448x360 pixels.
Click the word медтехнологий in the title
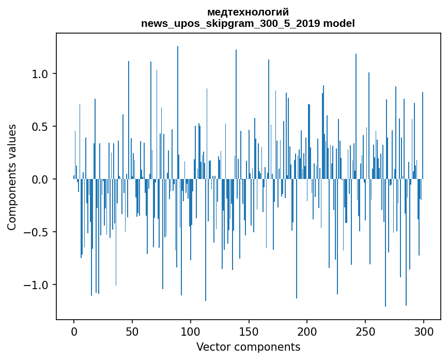click(248, 12)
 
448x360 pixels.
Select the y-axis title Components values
click(12, 177)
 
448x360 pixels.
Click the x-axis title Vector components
click(248, 347)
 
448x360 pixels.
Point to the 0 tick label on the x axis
click(74, 331)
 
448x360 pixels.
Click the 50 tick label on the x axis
click(132, 331)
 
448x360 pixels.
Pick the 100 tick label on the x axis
click(191, 331)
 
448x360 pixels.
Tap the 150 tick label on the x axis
click(249, 331)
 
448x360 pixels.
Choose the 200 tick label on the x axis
click(307, 331)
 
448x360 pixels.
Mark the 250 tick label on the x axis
click(365, 331)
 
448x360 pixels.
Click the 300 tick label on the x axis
click(424, 331)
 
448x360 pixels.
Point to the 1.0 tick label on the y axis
click(40, 74)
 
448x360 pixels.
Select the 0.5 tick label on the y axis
click(40, 127)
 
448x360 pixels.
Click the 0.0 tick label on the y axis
click(40, 179)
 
